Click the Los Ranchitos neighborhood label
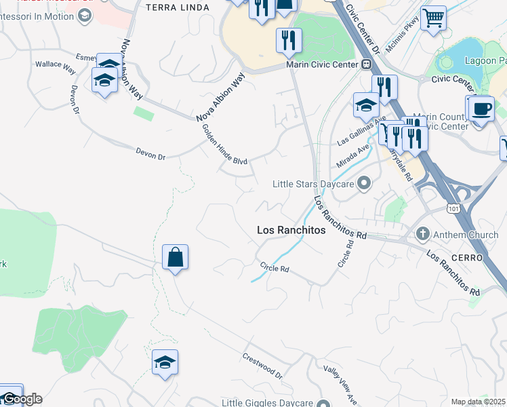click(x=291, y=231)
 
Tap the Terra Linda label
click(x=176, y=7)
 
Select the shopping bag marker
click(x=175, y=258)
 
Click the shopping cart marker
click(x=433, y=18)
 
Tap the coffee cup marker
click(x=482, y=109)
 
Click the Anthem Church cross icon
click(x=423, y=235)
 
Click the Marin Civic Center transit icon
click(x=366, y=64)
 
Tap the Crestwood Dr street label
click(x=262, y=366)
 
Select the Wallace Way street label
click(x=56, y=67)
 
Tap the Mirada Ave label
click(x=353, y=157)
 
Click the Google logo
click(x=22, y=399)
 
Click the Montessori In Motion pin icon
click(x=85, y=16)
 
